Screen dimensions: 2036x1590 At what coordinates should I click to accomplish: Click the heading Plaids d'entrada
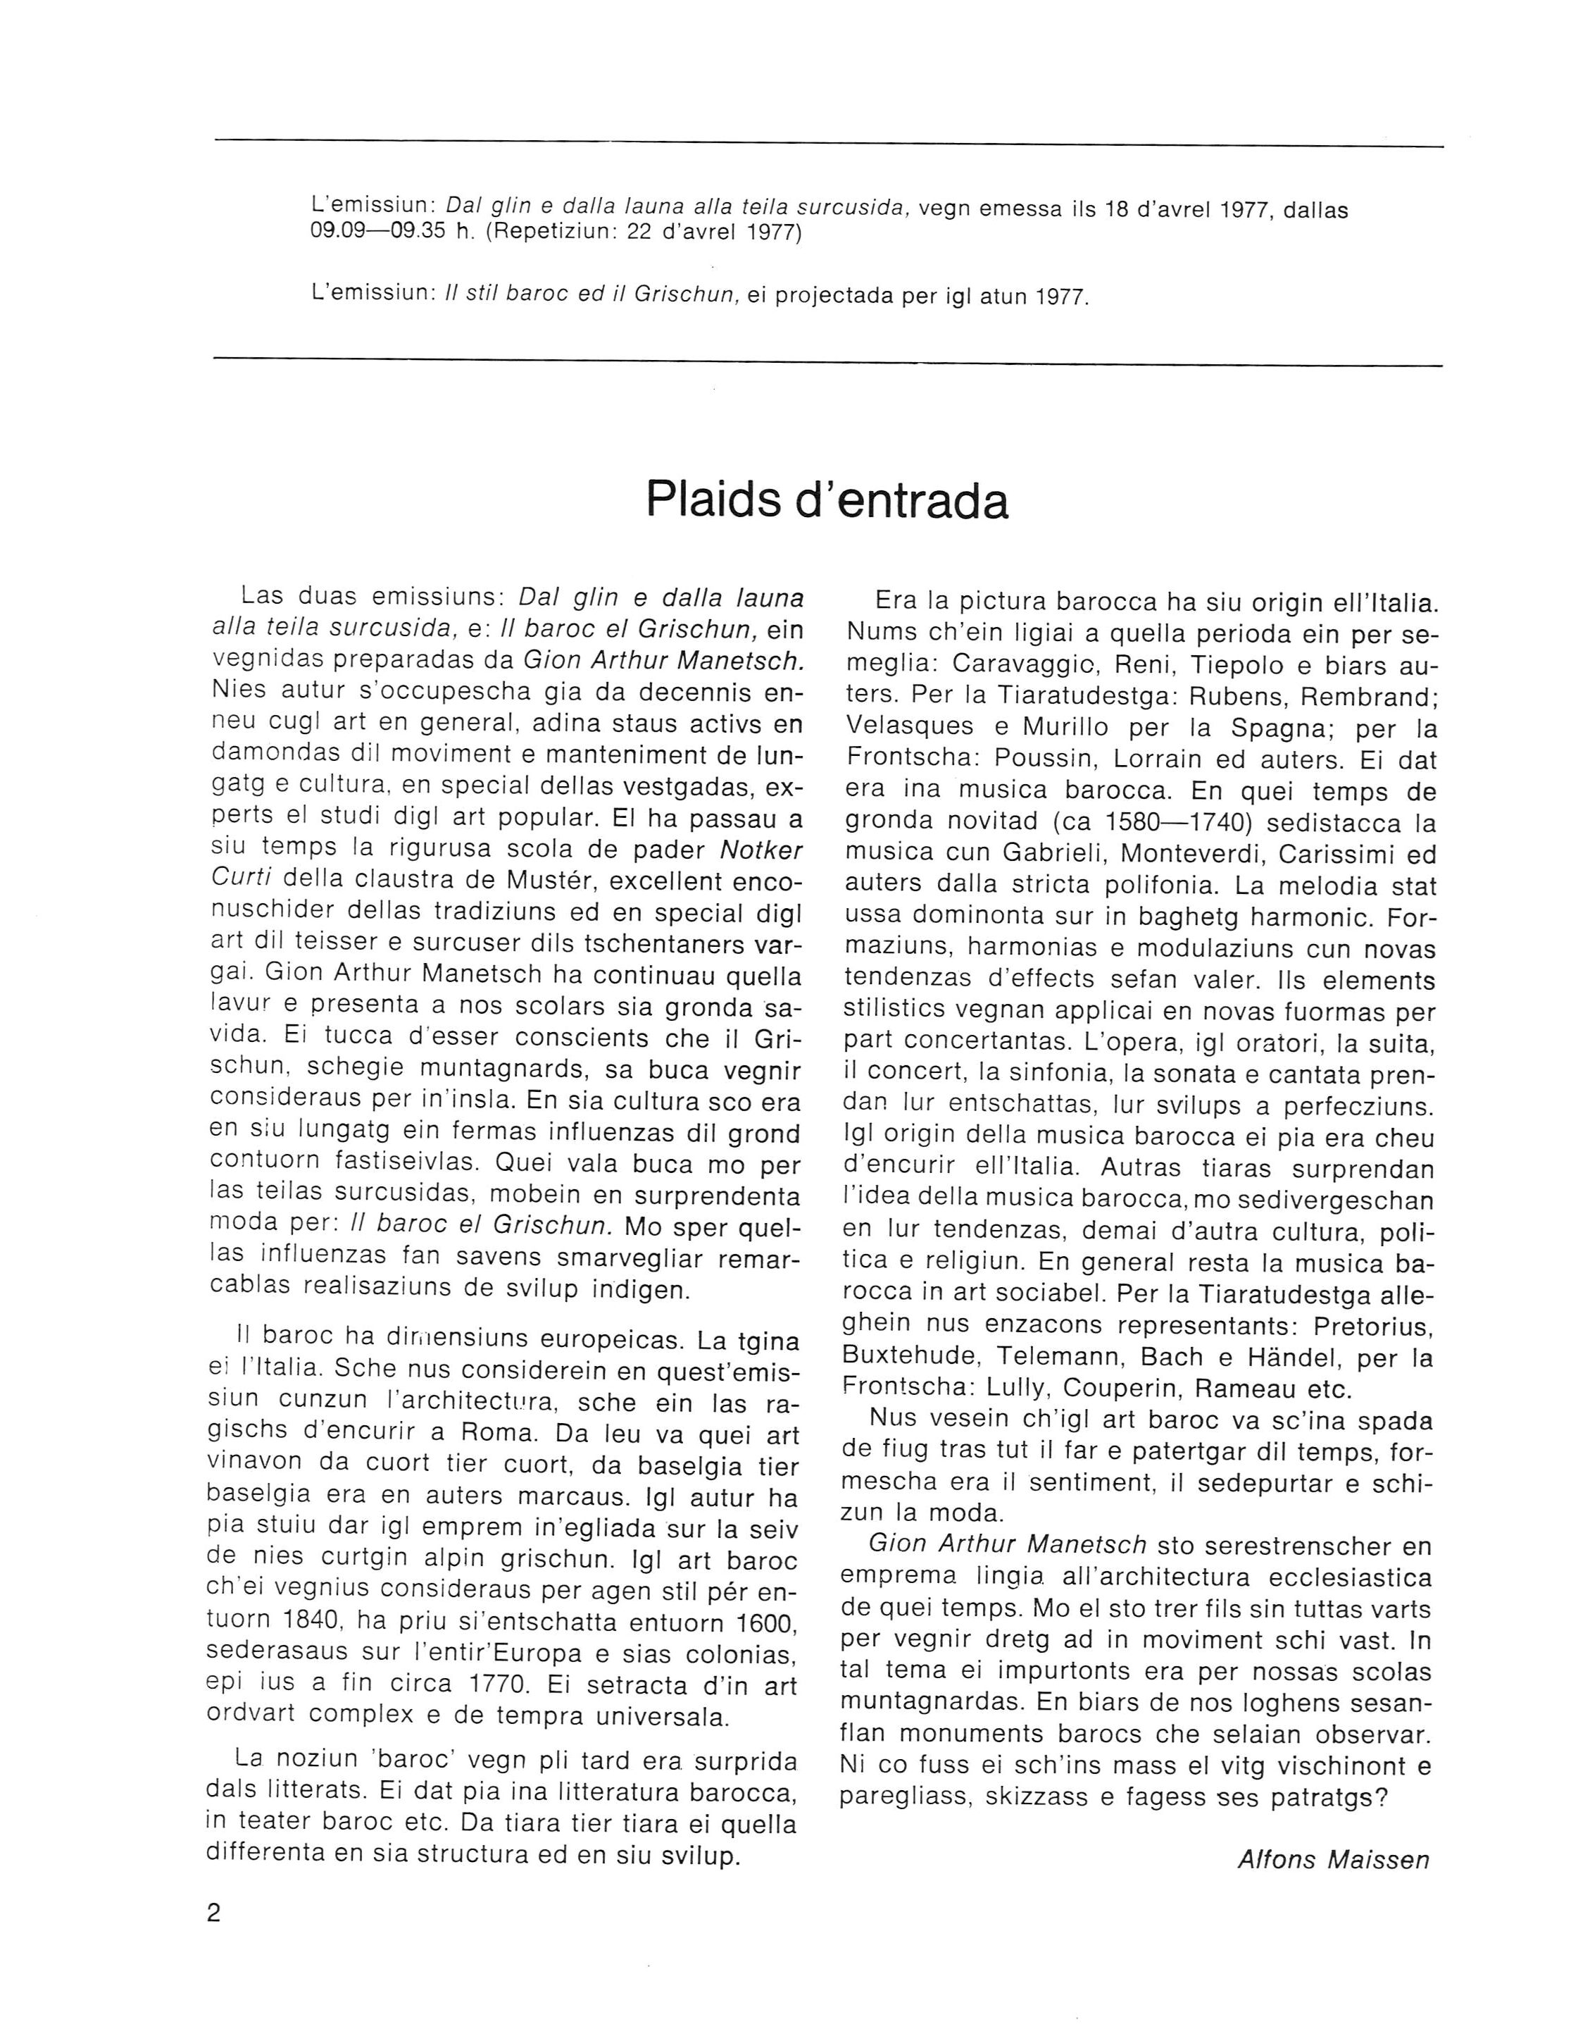827,501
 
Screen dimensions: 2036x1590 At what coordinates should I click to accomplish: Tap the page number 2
214,1913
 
